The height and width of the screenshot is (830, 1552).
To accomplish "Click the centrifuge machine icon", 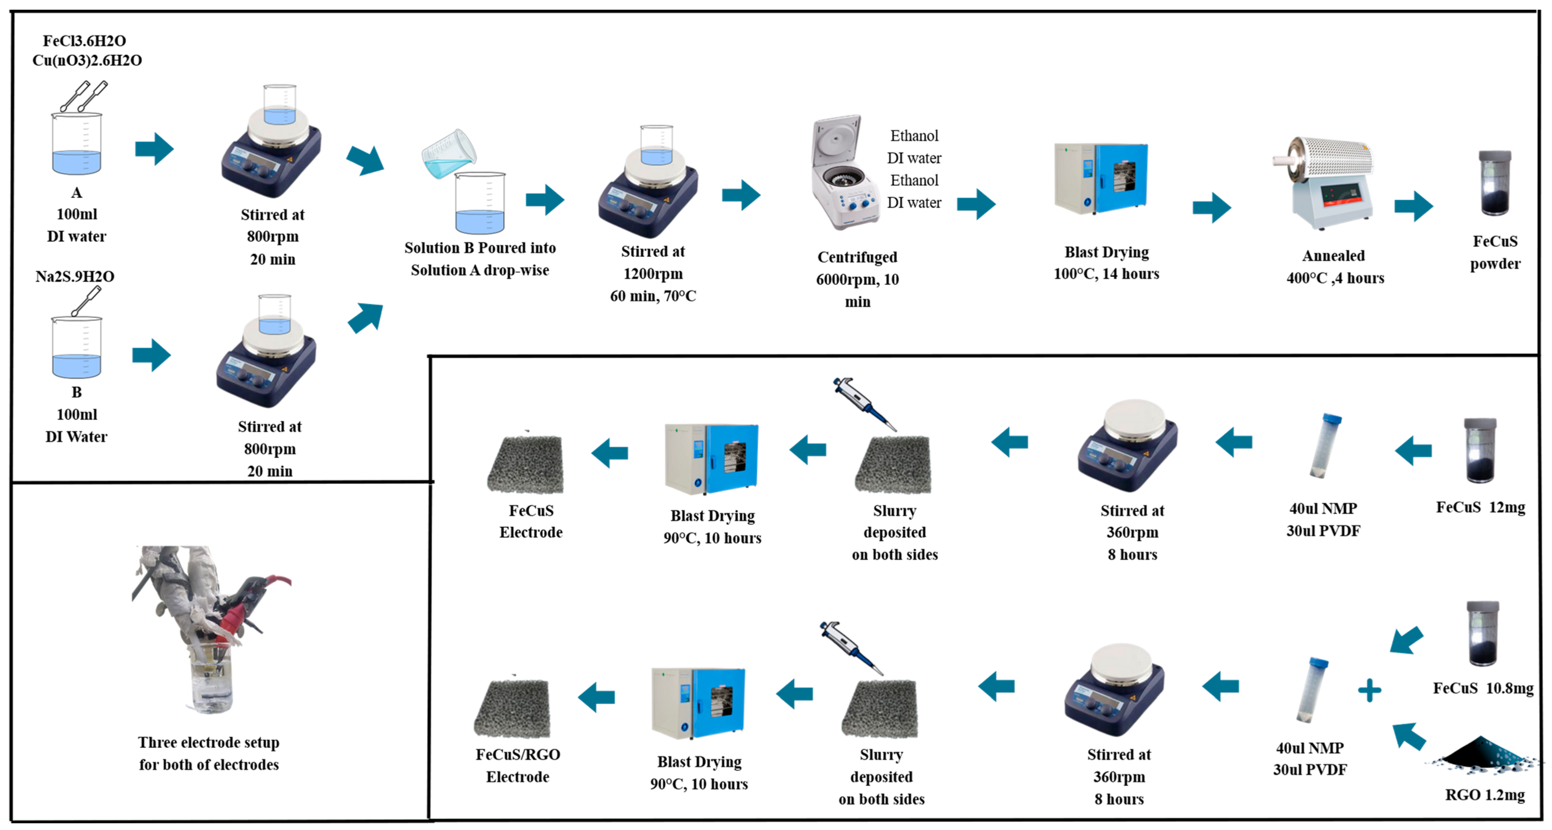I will pyautogui.click(x=843, y=175).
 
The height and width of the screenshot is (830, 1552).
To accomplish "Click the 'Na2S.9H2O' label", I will pyautogui.click(x=75, y=277).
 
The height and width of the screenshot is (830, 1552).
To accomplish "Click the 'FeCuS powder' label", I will pyautogui.click(x=1495, y=252).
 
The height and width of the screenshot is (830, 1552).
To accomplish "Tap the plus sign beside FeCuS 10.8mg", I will pyautogui.click(x=1370, y=690).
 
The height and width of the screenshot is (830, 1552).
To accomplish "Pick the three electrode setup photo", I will pyautogui.click(x=211, y=630).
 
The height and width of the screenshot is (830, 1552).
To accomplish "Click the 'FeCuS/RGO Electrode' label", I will pyautogui.click(x=518, y=766).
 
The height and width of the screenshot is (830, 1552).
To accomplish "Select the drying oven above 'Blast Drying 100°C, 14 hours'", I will pyautogui.click(x=1101, y=179).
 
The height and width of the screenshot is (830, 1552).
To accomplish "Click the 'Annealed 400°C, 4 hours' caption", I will pyautogui.click(x=1334, y=267).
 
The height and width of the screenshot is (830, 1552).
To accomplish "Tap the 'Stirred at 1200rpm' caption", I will pyautogui.click(x=653, y=263).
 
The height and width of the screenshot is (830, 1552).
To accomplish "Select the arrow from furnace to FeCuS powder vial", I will pyautogui.click(x=1413, y=206).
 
